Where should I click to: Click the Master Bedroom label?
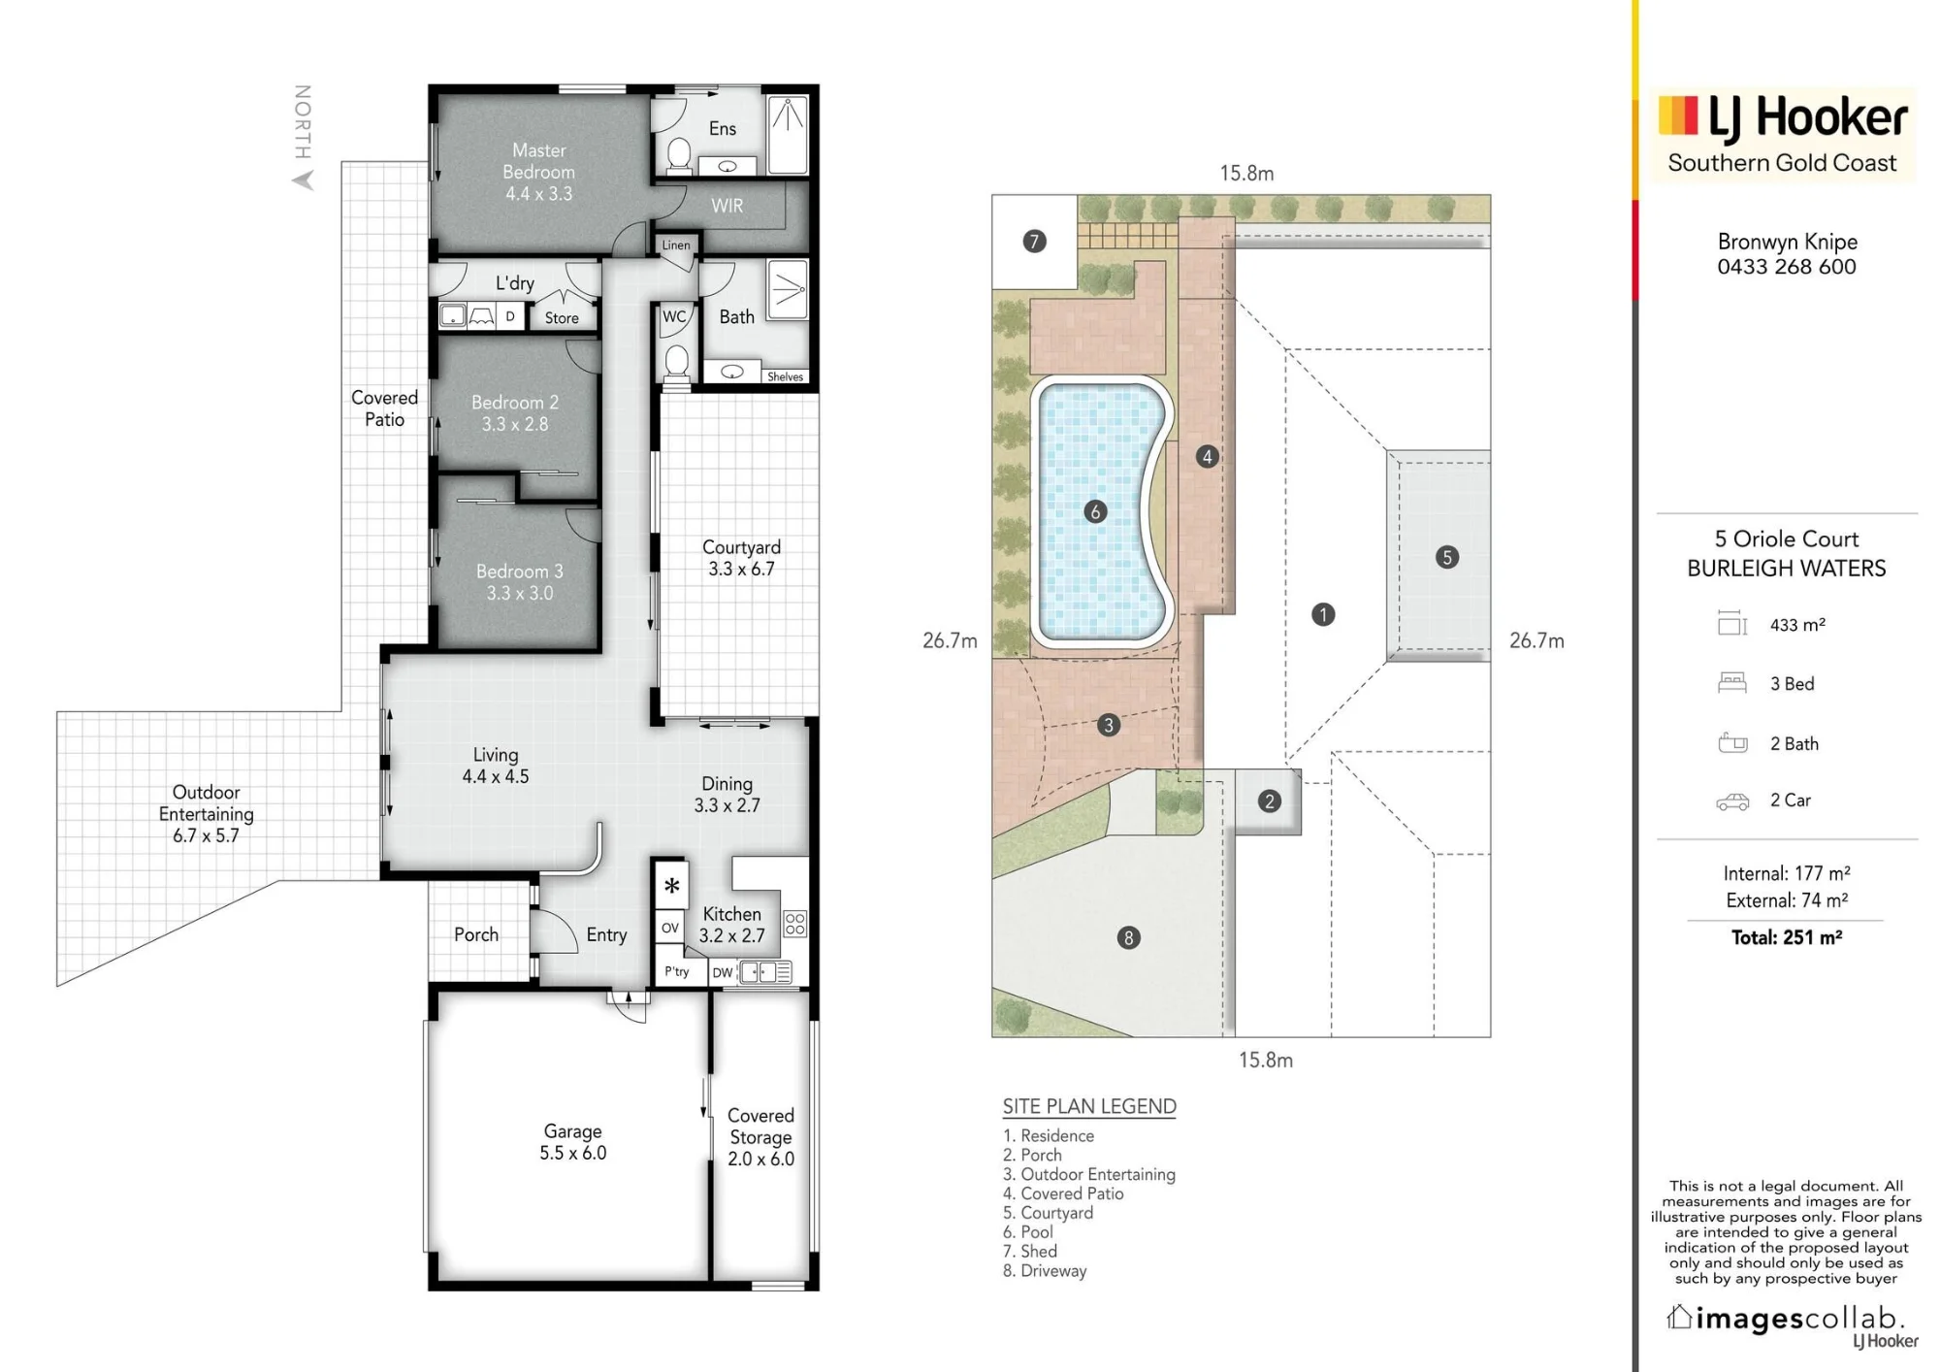(538, 161)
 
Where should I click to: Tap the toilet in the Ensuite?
(679, 155)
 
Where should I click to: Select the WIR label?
(727, 206)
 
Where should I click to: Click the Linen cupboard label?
(676, 245)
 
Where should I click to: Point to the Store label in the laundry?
(562, 317)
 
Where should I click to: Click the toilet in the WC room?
(677, 362)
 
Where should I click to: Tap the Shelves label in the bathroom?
(785, 376)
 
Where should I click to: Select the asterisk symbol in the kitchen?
(671, 885)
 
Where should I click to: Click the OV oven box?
(670, 929)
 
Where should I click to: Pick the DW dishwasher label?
(723, 972)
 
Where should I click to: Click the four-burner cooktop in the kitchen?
(794, 923)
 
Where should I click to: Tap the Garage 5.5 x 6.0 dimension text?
(573, 1153)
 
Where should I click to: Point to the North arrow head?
(304, 180)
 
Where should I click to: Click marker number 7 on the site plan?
(1034, 241)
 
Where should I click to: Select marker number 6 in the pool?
(1095, 511)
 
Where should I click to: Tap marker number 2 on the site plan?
(1269, 801)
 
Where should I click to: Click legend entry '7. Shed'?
(1029, 1252)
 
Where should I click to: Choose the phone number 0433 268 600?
(1787, 267)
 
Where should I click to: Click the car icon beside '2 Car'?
(1732, 801)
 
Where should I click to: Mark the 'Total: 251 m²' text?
(1787, 937)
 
